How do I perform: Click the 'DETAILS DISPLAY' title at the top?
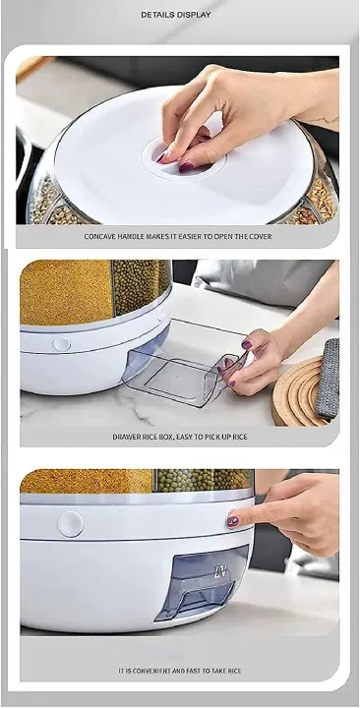coord(176,15)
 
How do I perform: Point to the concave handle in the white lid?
coord(182,157)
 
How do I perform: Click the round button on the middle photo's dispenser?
coord(61,344)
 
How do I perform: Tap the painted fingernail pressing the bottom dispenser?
coord(233,521)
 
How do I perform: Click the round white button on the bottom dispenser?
coord(70,524)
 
